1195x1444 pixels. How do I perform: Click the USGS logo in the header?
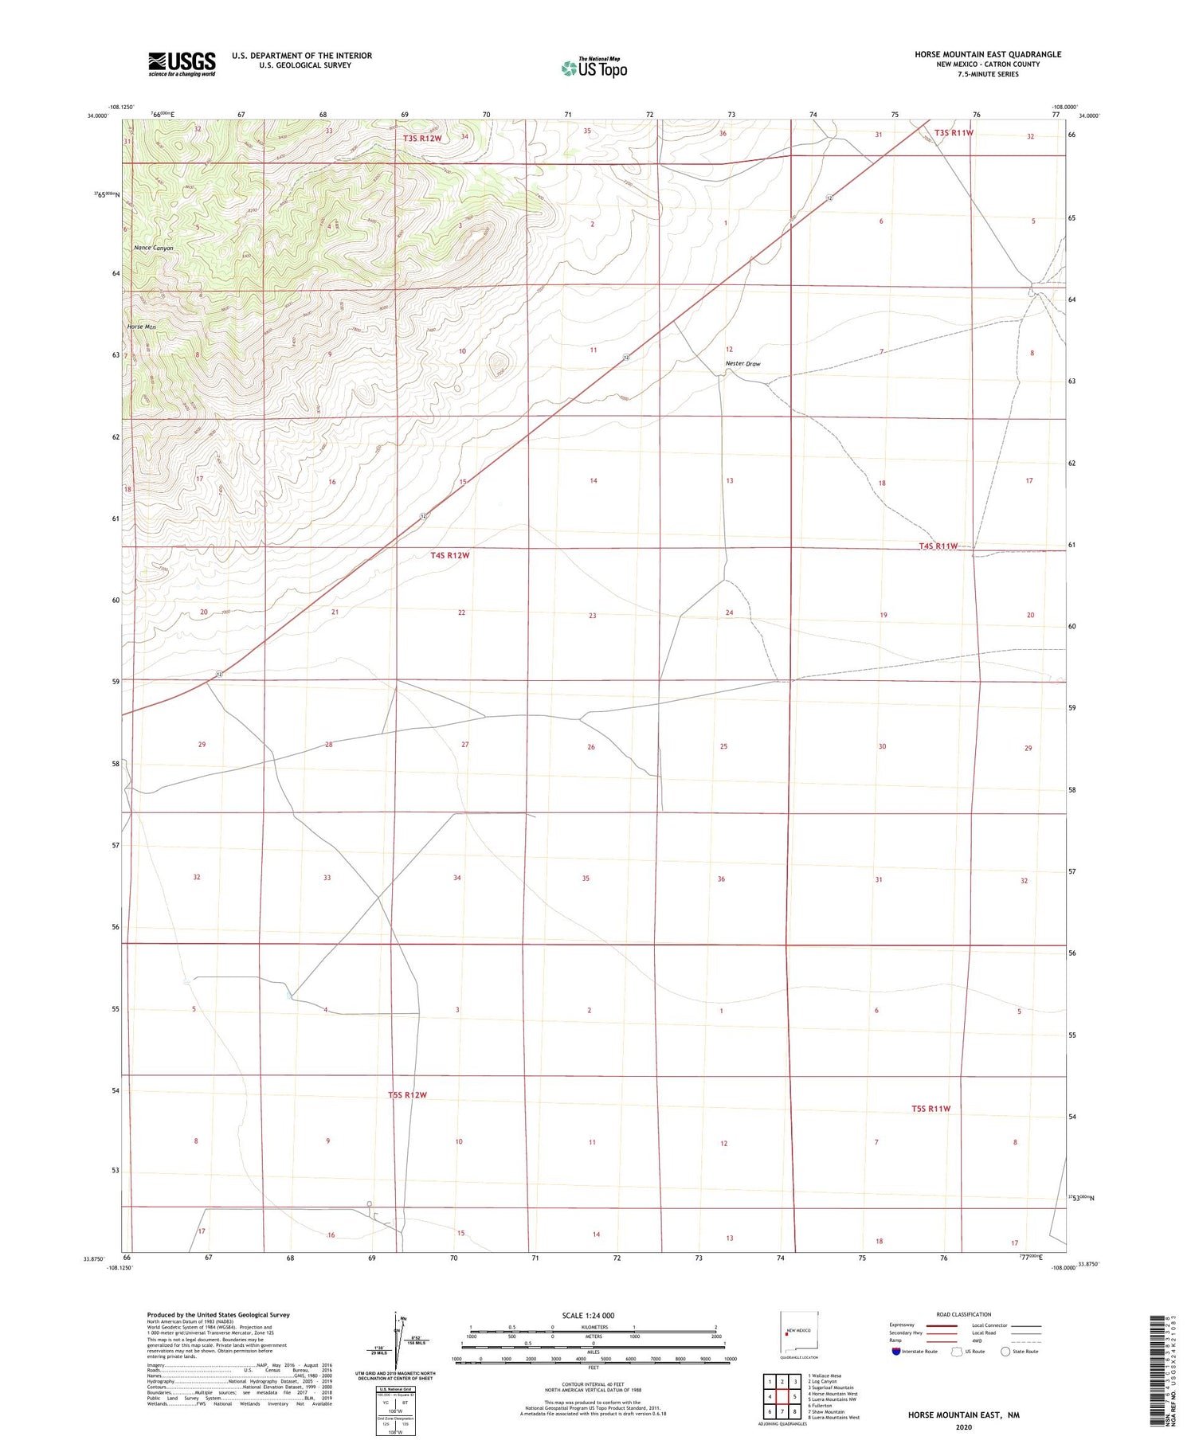tap(182, 64)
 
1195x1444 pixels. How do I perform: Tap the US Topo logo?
tap(594, 68)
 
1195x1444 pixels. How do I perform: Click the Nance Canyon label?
tap(154, 248)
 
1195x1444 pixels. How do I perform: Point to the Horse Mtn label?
tap(142, 327)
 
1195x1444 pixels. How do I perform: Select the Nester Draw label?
tap(742, 363)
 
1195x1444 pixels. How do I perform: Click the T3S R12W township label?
tap(422, 139)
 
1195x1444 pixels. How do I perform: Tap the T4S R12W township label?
tap(450, 555)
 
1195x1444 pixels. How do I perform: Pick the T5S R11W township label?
tap(931, 1108)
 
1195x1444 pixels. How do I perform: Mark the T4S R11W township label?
tap(938, 546)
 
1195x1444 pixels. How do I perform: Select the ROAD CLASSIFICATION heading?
tap(964, 1314)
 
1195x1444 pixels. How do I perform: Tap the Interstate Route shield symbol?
tap(896, 1351)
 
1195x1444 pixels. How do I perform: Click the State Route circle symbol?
tap(1005, 1351)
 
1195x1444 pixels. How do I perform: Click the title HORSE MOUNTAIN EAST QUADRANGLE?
tap(987, 54)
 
